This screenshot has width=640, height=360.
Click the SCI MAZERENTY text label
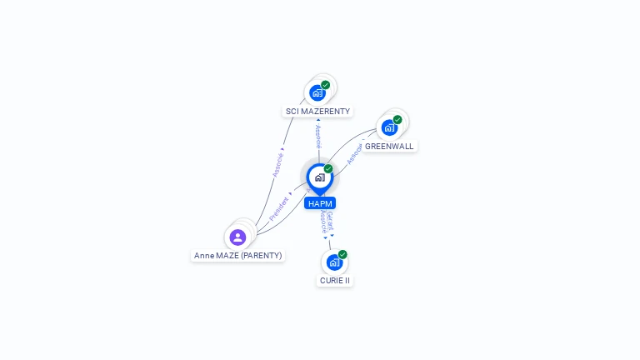[317, 111]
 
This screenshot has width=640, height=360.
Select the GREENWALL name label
[388, 146]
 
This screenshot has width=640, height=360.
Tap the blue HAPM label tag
[320, 203]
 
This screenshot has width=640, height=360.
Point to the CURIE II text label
[335, 280]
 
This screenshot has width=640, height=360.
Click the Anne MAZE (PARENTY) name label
[237, 255]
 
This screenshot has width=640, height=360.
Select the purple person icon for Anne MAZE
[237, 237]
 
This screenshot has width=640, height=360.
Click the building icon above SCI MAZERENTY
[317, 92]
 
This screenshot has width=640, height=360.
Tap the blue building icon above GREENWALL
[389, 127]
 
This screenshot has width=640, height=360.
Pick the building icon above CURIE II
[334, 262]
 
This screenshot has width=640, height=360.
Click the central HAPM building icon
[319, 177]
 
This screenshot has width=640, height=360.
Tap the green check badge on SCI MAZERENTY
[326, 84]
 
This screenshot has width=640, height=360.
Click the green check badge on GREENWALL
[397, 119]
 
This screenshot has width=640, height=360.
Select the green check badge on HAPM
[328, 168]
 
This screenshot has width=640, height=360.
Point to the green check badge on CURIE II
[342, 254]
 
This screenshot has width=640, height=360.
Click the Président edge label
[280, 207]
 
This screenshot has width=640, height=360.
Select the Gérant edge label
[330, 222]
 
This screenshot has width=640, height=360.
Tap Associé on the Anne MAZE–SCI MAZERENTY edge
[278, 164]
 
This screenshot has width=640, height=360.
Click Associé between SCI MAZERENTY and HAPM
[317, 137]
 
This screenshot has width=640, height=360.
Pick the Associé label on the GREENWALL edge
[354, 153]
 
